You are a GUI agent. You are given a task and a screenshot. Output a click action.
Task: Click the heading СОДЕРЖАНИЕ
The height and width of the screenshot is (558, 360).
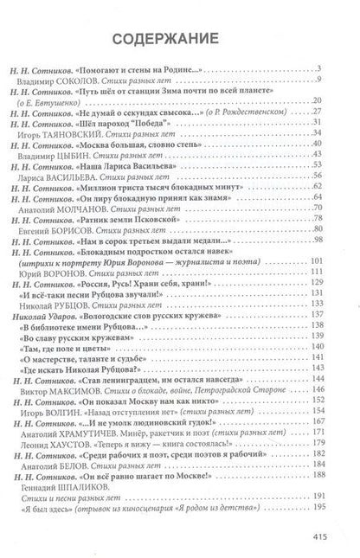pos(180,41)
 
